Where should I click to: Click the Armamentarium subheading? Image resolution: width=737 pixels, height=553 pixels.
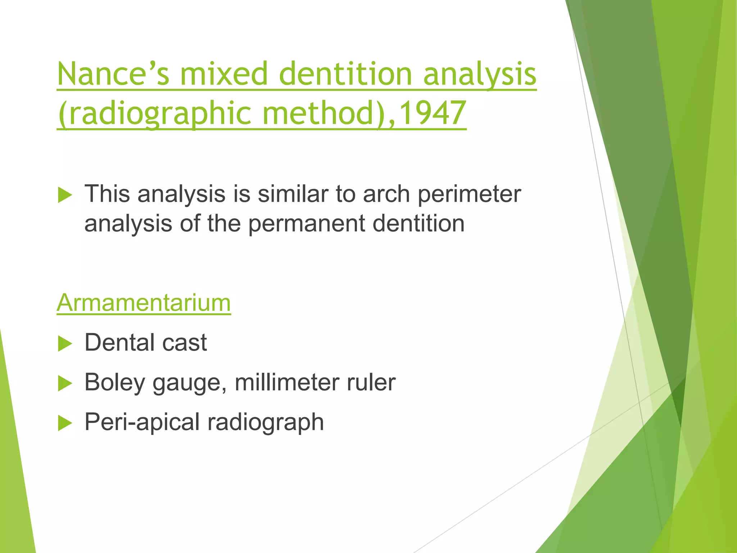point(144,303)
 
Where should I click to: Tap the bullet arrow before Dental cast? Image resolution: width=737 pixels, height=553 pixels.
point(65,343)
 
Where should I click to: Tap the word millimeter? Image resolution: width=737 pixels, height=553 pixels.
point(286,382)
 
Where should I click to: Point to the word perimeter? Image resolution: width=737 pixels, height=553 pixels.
point(469,194)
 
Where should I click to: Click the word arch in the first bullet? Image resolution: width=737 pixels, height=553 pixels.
point(386,194)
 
